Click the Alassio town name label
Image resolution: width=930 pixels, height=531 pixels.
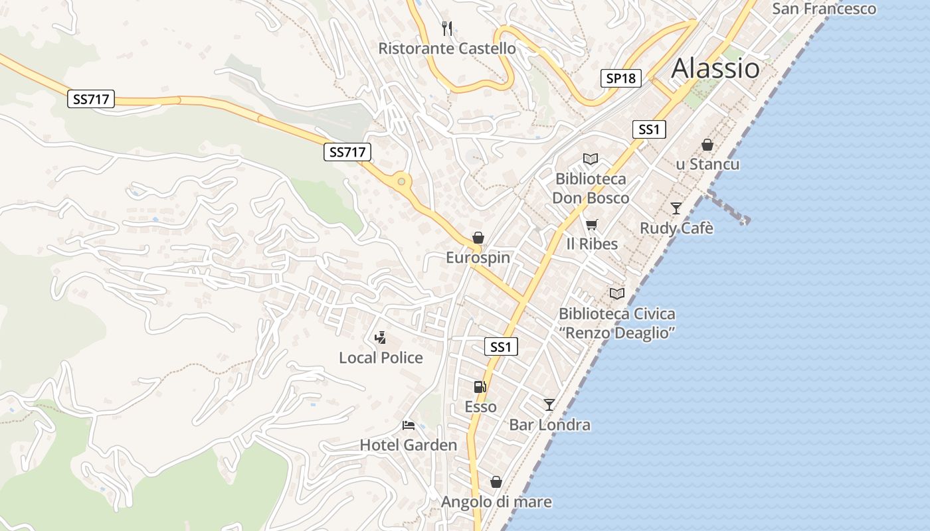coord(715,68)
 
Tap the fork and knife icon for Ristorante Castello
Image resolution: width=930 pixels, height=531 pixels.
coord(447,28)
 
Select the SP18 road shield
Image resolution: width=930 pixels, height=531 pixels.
coord(620,78)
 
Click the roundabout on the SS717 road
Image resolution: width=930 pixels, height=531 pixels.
coord(401,181)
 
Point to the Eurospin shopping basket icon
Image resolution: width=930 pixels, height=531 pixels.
coord(478,238)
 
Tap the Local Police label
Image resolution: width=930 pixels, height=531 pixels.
coord(381,358)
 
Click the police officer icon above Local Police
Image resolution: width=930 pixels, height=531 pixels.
coord(380,338)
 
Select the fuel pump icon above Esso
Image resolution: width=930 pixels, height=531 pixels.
coord(480,386)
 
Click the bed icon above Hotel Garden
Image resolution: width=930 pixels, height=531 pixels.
coord(408,425)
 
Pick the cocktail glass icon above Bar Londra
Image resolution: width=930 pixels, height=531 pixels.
coord(549,404)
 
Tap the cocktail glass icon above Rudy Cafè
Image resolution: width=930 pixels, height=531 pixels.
coord(676,208)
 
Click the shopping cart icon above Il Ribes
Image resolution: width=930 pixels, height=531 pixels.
coord(591,224)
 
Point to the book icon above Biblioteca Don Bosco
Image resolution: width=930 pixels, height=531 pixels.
coord(590,159)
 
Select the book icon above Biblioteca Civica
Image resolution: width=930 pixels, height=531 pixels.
coord(617,293)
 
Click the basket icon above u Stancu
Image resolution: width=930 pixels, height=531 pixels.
coord(707,144)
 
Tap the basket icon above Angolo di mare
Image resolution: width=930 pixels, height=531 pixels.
coord(496,482)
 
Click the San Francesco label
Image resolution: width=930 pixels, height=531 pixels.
coord(824,9)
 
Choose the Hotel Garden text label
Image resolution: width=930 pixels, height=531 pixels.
coord(408,445)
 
